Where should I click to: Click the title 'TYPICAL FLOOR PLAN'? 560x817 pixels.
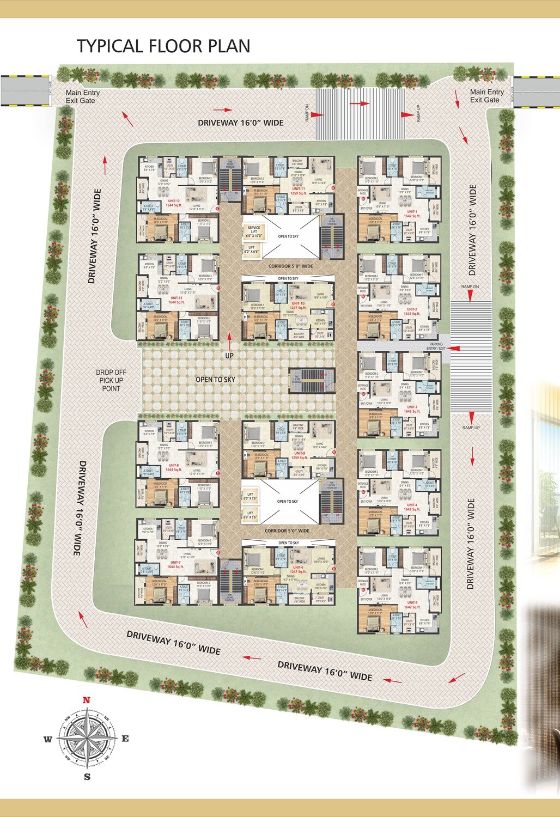pos(163,46)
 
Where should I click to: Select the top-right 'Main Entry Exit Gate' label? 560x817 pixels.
pos(486,96)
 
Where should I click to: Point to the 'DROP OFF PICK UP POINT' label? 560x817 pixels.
pos(111,380)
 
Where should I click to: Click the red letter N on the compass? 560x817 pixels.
pos(86,700)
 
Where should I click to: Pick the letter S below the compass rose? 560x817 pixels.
pos(87,777)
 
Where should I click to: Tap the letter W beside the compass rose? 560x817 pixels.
pos(48,739)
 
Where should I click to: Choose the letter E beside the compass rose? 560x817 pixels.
pos(125,739)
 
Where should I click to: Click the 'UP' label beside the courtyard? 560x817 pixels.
pos(229,356)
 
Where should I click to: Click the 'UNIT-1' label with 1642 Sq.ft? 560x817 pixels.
pos(411,214)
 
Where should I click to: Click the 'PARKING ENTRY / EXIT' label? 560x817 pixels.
pos(436,346)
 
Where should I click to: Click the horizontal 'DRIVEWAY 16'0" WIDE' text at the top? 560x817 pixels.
pos(240,123)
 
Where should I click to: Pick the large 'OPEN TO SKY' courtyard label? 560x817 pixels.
pos(216,379)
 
